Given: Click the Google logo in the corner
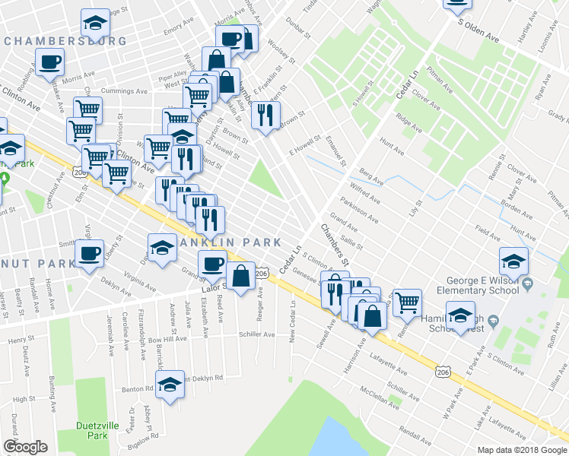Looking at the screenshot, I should click(x=25, y=447).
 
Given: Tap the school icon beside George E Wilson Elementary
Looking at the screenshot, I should click(x=513, y=261).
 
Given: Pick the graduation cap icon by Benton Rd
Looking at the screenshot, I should click(x=170, y=383).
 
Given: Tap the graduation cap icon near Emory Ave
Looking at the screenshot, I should click(x=95, y=24).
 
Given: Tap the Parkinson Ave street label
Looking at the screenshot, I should click(x=359, y=210).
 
